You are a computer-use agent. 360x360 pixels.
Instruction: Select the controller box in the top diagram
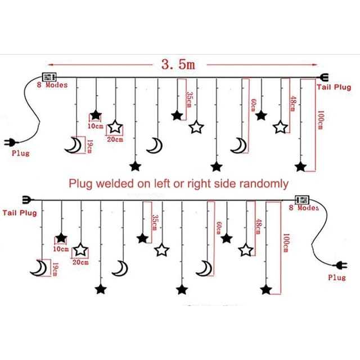[49, 77]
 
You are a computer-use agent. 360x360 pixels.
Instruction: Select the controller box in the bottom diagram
[303, 200]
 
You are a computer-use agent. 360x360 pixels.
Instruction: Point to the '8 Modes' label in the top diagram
[52, 85]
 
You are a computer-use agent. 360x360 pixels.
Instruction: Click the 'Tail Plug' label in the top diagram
[334, 87]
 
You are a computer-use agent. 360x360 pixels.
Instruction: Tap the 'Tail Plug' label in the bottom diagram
[20, 213]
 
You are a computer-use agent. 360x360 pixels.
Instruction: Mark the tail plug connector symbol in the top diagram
[323, 78]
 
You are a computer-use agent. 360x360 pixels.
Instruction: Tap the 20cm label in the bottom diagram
[80, 262]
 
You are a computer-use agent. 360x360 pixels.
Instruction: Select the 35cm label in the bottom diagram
[156, 223]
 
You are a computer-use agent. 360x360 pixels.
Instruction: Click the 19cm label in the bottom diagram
[54, 269]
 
